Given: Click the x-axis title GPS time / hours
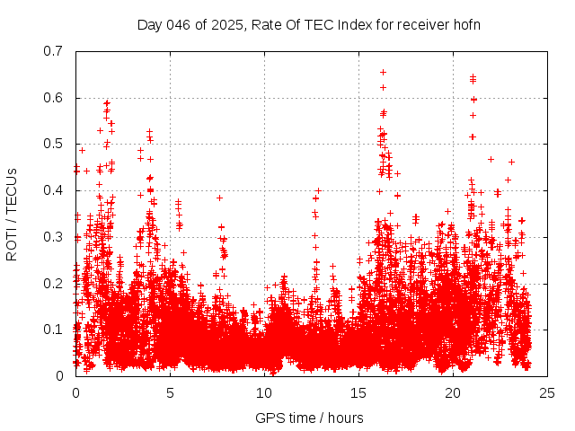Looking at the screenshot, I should click(x=309, y=418).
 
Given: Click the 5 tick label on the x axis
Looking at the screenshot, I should click(x=170, y=393).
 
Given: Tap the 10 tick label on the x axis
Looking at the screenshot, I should click(x=264, y=393).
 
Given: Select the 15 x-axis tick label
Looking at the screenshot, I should click(x=358, y=393).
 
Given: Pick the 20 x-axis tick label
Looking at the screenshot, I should click(x=453, y=393).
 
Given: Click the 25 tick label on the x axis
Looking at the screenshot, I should click(x=547, y=393).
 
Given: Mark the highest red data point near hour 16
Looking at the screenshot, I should click(x=383, y=72).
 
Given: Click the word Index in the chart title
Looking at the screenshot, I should click(x=344, y=24).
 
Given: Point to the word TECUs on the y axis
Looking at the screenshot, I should click(x=12, y=190).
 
